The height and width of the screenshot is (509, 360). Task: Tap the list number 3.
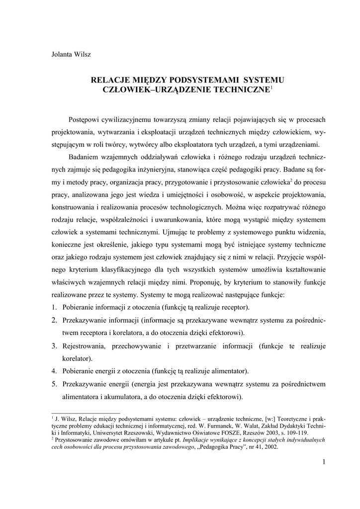coord(55,345)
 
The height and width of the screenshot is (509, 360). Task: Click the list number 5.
coord(55,384)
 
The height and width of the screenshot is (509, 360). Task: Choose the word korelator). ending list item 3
coord(77,358)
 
